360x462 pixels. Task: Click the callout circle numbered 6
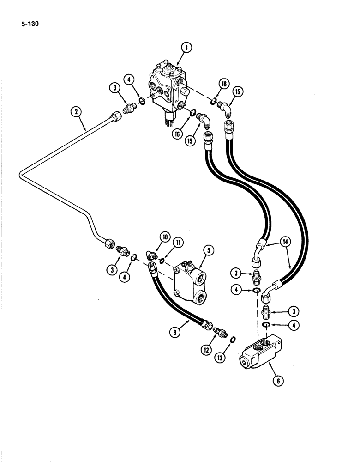(277, 381)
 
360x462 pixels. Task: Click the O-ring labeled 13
(232, 340)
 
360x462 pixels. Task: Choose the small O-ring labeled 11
(162, 261)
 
